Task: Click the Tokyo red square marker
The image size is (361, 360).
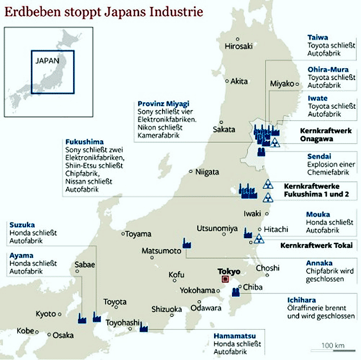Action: tap(225, 279)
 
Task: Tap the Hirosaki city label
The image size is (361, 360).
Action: tap(238, 46)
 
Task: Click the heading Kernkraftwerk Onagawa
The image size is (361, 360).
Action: tap(326, 135)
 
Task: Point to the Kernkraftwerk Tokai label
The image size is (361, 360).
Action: tap(313, 245)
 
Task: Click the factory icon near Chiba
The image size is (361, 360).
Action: tap(236, 292)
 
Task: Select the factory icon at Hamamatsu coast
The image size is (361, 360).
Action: tap(144, 327)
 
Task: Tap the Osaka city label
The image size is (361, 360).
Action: tap(62, 335)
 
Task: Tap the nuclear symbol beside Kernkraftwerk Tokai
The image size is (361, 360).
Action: tap(259, 239)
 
